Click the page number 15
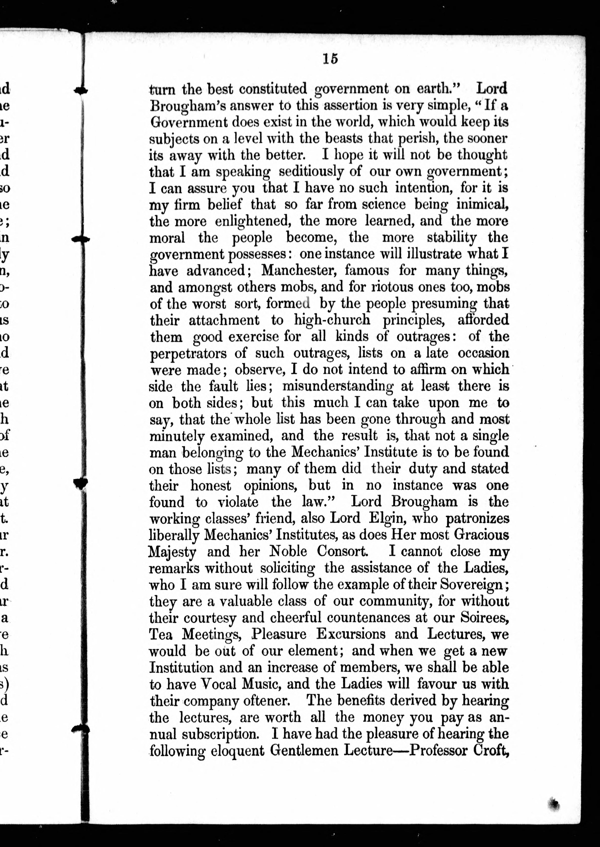click(x=330, y=59)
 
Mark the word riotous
click(x=400, y=287)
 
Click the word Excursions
click(x=351, y=634)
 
